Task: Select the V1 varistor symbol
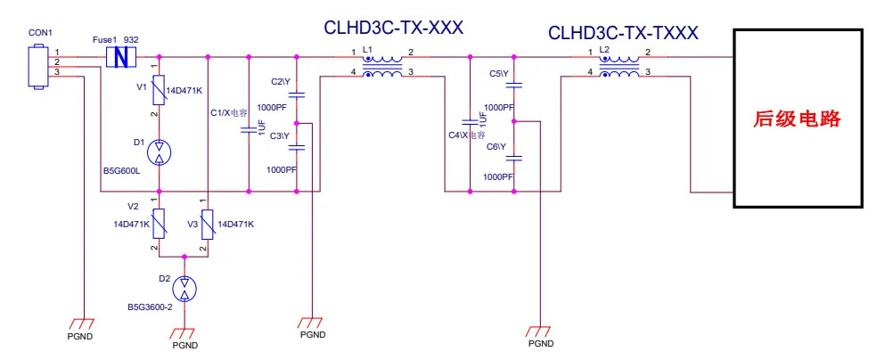(x=159, y=89)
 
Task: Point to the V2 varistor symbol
(x=159, y=224)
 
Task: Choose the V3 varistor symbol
(x=207, y=224)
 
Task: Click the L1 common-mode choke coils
(x=384, y=67)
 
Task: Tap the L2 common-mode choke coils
(x=620, y=67)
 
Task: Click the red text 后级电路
(x=798, y=119)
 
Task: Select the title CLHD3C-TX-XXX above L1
(x=393, y=28)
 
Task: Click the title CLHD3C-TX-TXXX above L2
(x=623, y=33)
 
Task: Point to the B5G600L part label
(x=121, y=169)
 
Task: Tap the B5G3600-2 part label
(x=150, y=307)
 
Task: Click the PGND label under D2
(x=184, y=345)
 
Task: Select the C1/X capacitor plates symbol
(x=249, y=132)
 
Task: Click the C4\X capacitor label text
(x=466, y=135)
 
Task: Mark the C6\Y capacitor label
(x=497, y=146)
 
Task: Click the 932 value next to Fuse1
(x=131, y=40)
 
